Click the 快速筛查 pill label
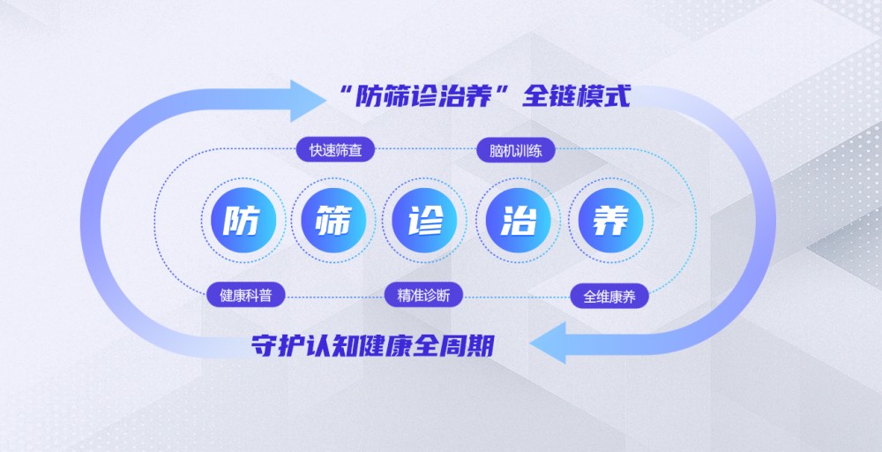335,150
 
